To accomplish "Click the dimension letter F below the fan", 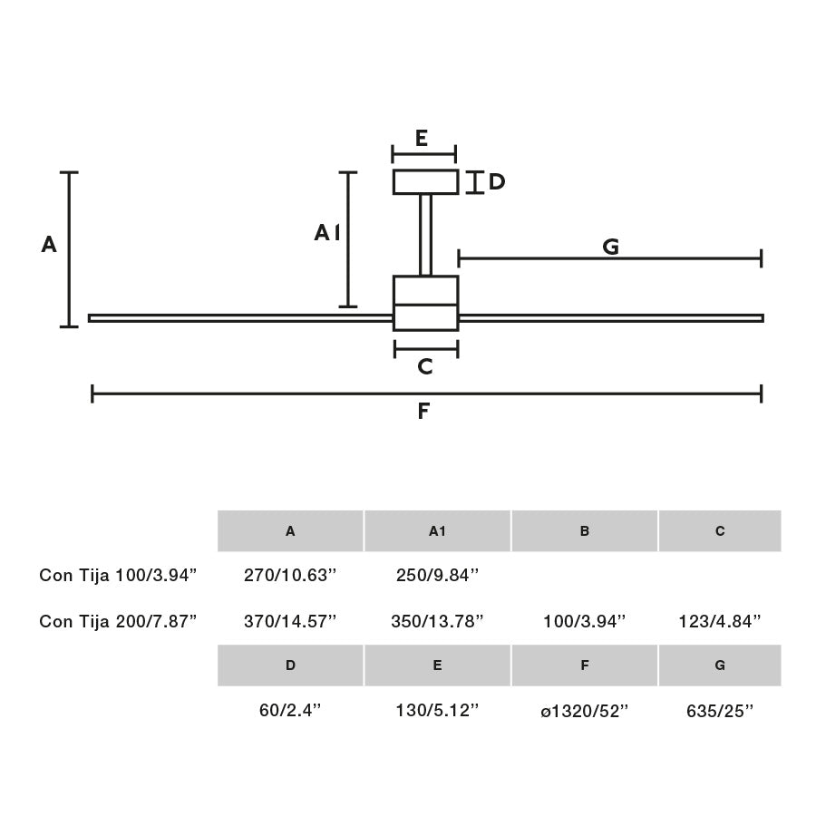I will coord(423,412).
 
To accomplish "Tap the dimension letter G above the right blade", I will coord(610,247).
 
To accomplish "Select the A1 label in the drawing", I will coord(327,234).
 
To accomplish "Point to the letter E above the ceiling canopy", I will coord(422,139).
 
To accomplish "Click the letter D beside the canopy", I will coord(496,182).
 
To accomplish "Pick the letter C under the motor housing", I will coord(424,367).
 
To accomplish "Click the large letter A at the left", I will coord(49,245).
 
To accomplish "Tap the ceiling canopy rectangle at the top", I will coord(424,182).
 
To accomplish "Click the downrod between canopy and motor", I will coord(425,234).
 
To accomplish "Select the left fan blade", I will coord(240,318).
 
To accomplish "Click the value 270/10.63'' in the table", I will coord(290,575).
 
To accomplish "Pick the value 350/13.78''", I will coord(437,621).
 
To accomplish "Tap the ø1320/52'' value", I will coord(585,712).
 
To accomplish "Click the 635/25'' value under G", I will coord(720,712).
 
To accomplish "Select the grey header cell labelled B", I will coord(585,531).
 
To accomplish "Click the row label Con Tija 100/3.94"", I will coord(118,575).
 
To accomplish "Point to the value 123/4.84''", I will coord(720,621).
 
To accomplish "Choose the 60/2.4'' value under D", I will coord(290,712).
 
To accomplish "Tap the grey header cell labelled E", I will coord(437,665).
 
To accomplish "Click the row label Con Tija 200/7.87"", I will coord(118,621).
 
